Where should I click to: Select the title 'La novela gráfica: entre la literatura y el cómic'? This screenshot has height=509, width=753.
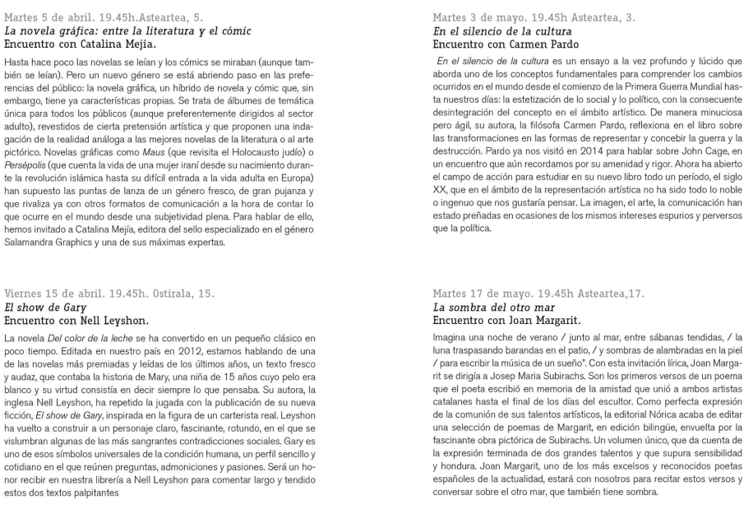[128, 30]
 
